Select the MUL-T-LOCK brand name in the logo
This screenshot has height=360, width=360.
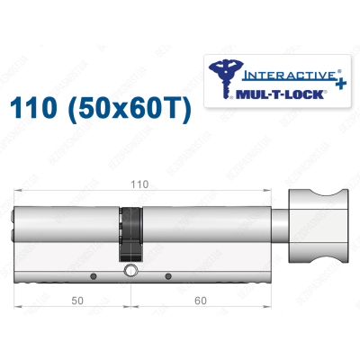[x=274, y=92]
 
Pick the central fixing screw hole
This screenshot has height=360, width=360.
[x=132, y=270]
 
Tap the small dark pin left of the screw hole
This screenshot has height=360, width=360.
[x=93, y=271]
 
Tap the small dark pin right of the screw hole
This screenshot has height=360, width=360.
[x=168, y=271]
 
